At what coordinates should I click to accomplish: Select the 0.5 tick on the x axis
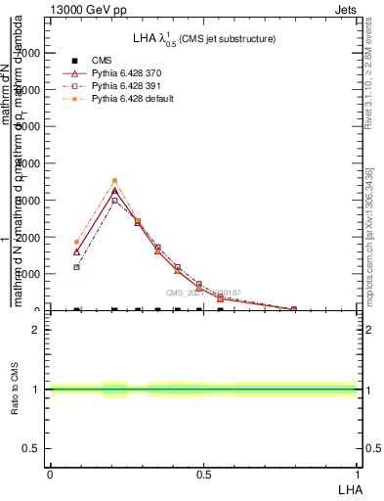(x=203, y=474)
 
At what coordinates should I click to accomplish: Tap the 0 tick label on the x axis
(x=49, y=474)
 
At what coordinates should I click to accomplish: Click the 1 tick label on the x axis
(x=358, y=474)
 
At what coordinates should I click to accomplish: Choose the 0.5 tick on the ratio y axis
(x=32, y=448)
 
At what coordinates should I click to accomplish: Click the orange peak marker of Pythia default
(x=114, y=181)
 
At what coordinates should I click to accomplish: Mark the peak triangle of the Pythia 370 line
(x=114, y=190)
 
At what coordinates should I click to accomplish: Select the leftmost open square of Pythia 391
(x=76, y=267)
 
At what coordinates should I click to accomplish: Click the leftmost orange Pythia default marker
(x=76, y=242)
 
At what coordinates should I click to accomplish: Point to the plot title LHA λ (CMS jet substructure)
(x=203, y=38)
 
